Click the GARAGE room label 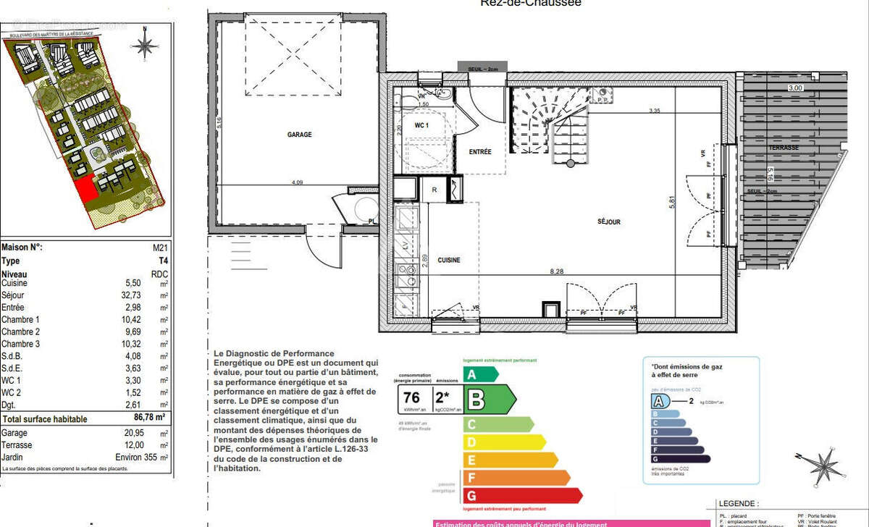pyautogui.click(x=299, y=135)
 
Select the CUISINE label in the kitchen pyautogui.click(x=449, y=260)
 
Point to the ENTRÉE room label pyautogui.click(x=479, y=152)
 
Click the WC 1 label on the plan pyautogui.click(x=421, y=125)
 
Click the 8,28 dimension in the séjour pyautogui.click(x=556, y=271)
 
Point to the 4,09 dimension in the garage pyautogui.click(x=297, y=182)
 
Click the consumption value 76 pyautogui.click(x=412, y=397)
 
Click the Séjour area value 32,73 pyautogui.click(x=138, y=295)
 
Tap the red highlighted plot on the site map pyautogui.click(x=85, y=190)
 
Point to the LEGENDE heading pyautogui.click(x=738, y=503)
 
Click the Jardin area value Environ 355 pyautogui.click(x=137, y=457)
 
